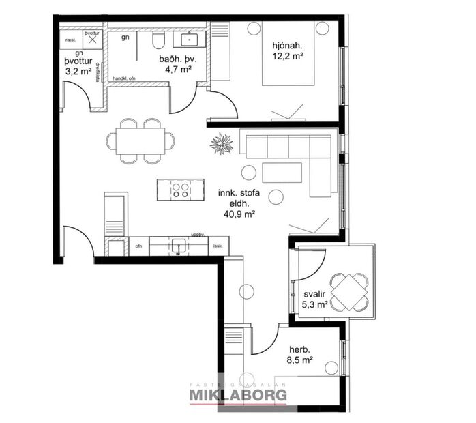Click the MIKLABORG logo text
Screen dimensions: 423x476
click(x=237, y=394)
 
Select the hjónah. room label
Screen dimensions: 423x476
click(x=286, y=46)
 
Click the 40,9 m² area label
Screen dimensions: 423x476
click(x=239, y=214)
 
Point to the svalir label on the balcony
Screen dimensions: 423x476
click(x=315, y=294)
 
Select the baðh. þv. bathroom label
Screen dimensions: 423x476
click(x=175, y=59)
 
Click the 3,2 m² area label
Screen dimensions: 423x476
click(x=78, y=70)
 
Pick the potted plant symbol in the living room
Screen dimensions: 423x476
click(x=221, y=145)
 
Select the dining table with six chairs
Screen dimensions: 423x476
click(x=140, y=141)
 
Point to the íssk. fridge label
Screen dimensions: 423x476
click(x=218, y=245)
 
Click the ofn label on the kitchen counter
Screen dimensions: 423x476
click(x=138, y=245)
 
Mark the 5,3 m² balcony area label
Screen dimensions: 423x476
click(x=315, y=304)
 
